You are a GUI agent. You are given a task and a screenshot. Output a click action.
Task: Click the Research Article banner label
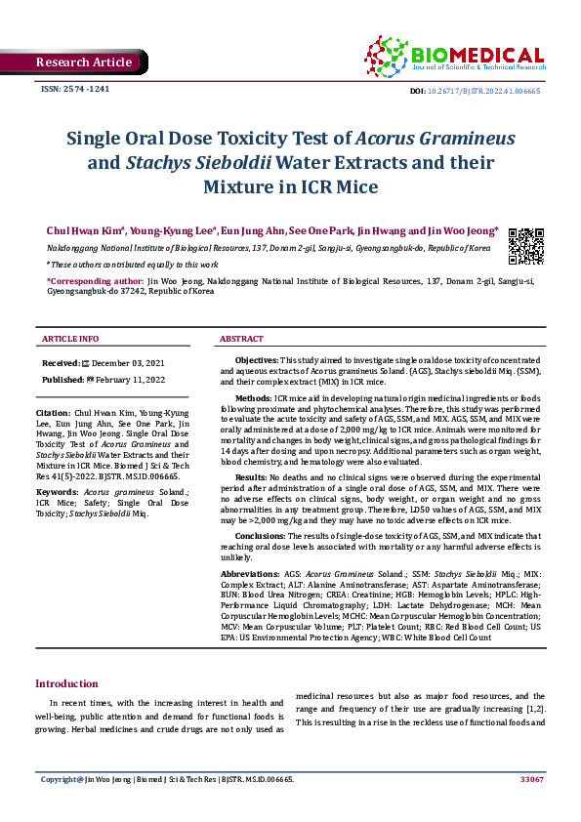coord(83,62)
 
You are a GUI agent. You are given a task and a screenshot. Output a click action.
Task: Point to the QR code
coord(526,246)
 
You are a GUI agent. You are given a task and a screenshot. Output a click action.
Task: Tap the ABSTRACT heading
coord(241,339)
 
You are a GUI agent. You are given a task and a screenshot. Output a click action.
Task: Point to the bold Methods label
coord(254,398)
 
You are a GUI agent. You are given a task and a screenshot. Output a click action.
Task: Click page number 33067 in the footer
coord(531,779)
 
